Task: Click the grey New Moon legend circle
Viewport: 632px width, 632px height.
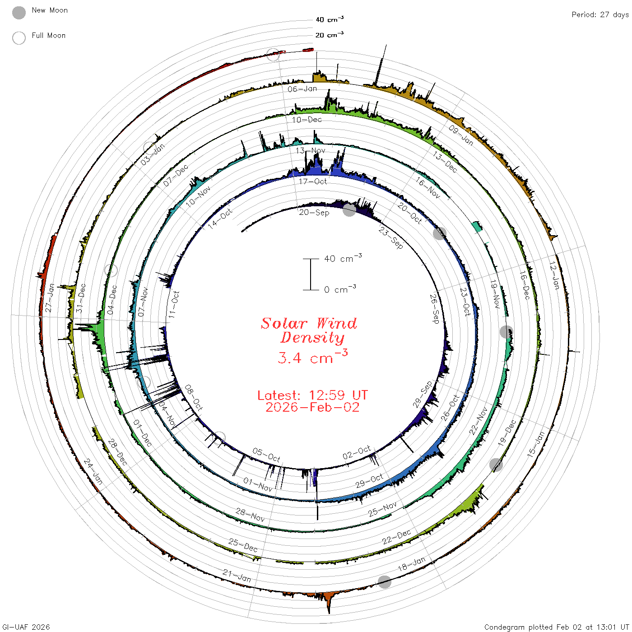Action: point(19,13)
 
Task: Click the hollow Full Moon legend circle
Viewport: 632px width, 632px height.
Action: point(19,38)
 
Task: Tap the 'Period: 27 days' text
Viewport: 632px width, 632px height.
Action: point(600,15)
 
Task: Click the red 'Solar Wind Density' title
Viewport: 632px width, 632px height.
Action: point(309,330)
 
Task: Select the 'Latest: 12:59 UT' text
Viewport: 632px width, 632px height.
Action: point(312,395)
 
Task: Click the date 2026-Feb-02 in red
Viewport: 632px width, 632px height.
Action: point(312,407)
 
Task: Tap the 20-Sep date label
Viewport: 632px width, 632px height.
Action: point(314,213)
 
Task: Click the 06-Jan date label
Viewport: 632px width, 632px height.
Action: point(302,89)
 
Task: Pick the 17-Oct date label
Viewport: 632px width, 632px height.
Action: point(312,181)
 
